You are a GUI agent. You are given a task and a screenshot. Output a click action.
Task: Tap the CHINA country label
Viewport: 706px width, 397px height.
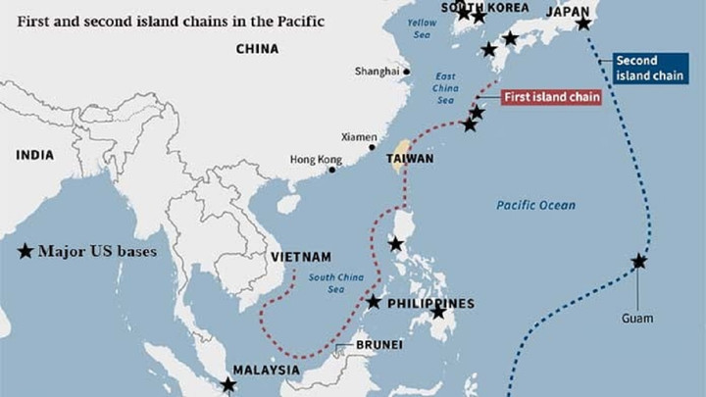[257, 48]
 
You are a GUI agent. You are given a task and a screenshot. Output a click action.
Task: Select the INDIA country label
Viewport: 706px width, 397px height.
[34, 154]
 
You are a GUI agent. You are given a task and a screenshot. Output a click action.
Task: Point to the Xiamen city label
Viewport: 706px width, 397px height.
[358, 137]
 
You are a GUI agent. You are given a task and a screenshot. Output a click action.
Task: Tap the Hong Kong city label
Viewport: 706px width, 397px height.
[316, 160]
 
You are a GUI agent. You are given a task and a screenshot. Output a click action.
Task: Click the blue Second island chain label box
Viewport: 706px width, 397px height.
[651, 68]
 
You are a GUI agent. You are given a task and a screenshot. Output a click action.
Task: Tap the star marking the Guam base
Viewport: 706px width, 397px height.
[639, 261]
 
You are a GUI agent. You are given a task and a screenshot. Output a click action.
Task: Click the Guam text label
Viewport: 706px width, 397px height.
[636, 319]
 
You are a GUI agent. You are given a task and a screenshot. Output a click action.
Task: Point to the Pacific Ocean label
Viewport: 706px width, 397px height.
[535, 205]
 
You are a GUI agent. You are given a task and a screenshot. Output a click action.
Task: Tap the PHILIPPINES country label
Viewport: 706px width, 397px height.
[430, 303]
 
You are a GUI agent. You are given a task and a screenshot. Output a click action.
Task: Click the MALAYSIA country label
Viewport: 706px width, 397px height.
[266, 370]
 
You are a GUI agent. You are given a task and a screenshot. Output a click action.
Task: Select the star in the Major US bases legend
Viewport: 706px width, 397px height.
[25, 251]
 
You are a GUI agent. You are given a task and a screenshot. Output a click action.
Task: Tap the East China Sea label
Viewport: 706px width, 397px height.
[445, 88]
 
